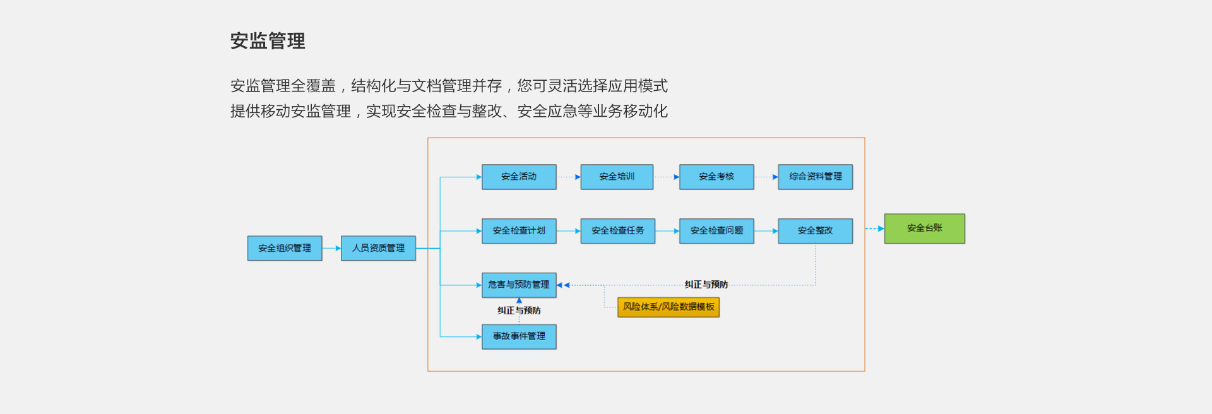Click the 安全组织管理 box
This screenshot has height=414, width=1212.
point(285,248)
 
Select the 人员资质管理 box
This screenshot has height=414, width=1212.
point(378,248)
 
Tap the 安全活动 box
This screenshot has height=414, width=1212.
point(519,177)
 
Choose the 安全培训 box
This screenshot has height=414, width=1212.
point(617,177)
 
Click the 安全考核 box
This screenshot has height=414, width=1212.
point(716,177)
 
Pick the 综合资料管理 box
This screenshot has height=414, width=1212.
point(815,177)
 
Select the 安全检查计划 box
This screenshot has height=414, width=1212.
point(519,231)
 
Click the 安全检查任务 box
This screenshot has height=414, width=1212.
point(617,231)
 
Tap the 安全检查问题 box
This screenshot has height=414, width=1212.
point(716,231)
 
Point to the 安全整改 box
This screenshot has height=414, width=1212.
point(815,231)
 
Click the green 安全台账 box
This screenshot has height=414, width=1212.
point(924,228)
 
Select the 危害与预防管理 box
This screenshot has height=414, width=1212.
point(519,285)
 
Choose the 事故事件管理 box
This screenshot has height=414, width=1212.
point(519,336)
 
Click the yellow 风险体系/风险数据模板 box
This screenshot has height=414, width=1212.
point(668,307)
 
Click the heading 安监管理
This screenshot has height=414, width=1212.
point(268,41)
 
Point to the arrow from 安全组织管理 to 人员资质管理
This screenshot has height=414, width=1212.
point(331,248)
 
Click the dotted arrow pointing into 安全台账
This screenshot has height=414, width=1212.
point(874,228)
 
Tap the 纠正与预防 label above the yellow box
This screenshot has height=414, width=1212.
point(706,285)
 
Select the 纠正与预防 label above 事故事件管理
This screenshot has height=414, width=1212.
point(519,310)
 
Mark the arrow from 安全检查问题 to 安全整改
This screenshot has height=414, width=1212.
point(766,231)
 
